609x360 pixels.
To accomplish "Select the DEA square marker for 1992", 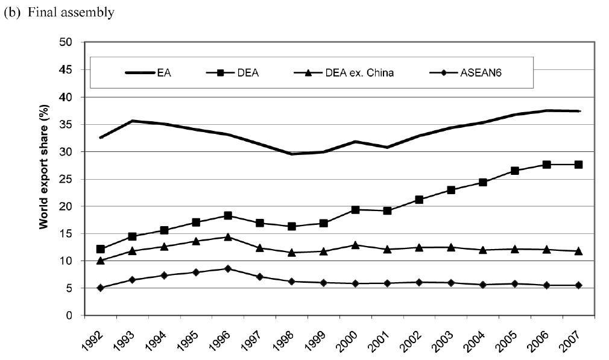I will [100, 249].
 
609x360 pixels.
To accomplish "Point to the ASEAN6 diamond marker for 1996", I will [228, 268].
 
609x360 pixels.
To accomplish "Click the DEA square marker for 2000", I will [356, 210].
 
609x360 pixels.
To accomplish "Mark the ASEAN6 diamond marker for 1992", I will [100, 288].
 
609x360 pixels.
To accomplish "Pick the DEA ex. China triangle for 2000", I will [356, 245].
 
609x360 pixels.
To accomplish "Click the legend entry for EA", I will [163, 72].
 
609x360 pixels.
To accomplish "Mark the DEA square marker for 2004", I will [484, 182].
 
